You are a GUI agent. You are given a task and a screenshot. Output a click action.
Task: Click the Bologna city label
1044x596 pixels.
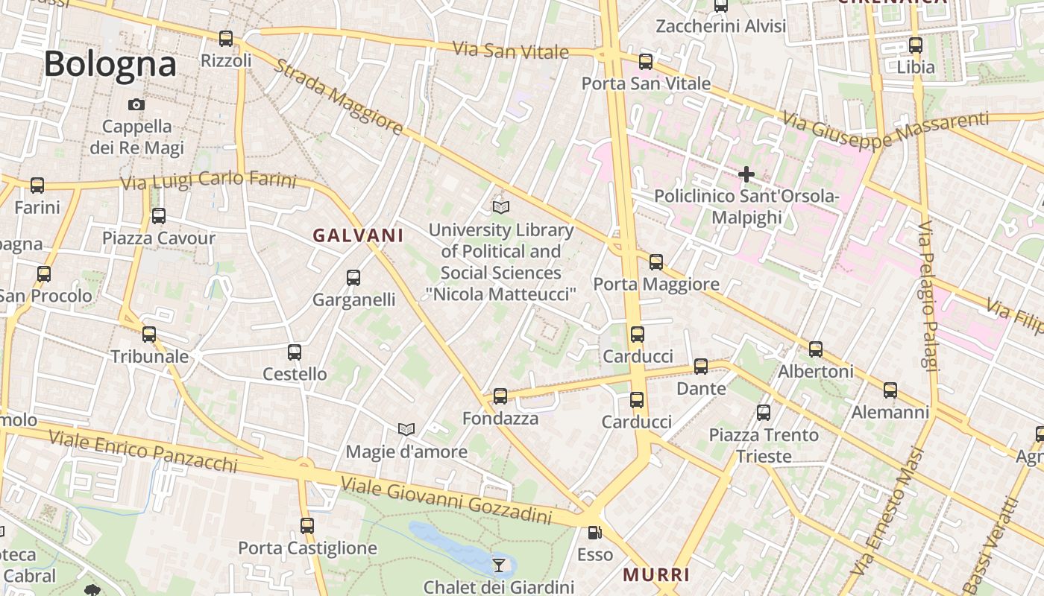(110, 63)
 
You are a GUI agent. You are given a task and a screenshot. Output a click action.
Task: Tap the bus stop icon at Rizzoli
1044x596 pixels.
(226, 39)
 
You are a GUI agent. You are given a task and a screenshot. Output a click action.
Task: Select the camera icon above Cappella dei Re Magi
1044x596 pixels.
(136, 104)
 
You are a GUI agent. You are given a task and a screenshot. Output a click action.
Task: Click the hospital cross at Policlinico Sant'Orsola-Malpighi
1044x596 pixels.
(746, 175)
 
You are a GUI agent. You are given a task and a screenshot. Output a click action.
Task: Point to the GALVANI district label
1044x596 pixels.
(358, 236)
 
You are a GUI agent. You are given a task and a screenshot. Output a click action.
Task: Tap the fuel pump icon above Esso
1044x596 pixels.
(594, 533)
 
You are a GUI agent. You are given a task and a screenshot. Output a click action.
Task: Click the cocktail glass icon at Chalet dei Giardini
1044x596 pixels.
(499, 565)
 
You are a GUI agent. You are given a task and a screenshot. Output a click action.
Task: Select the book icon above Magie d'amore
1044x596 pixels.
(406, 429)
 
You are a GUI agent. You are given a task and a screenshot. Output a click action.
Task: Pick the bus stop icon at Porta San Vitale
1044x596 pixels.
(646, 62)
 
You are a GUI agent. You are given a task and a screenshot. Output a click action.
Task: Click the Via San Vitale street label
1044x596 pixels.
(511, 51)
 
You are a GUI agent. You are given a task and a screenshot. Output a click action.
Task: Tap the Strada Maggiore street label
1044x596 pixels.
(339, 97)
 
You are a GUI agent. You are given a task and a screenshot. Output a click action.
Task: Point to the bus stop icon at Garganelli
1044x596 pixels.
(353, 278)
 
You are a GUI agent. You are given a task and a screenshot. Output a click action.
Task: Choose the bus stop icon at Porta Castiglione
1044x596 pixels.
(307, 526)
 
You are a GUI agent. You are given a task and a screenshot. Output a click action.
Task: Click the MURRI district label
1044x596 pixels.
(656, 574)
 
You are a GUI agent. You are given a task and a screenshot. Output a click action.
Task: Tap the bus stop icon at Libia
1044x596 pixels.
(916, 45)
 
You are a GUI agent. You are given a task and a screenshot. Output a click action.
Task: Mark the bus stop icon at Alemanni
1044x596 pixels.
(890, 390)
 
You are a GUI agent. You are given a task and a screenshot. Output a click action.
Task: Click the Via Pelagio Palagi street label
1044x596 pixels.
(926, 294)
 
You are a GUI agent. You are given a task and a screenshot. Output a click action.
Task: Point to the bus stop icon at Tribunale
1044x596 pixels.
(149, 335)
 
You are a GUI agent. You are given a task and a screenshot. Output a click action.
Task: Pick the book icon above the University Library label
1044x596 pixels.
(501, 207)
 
